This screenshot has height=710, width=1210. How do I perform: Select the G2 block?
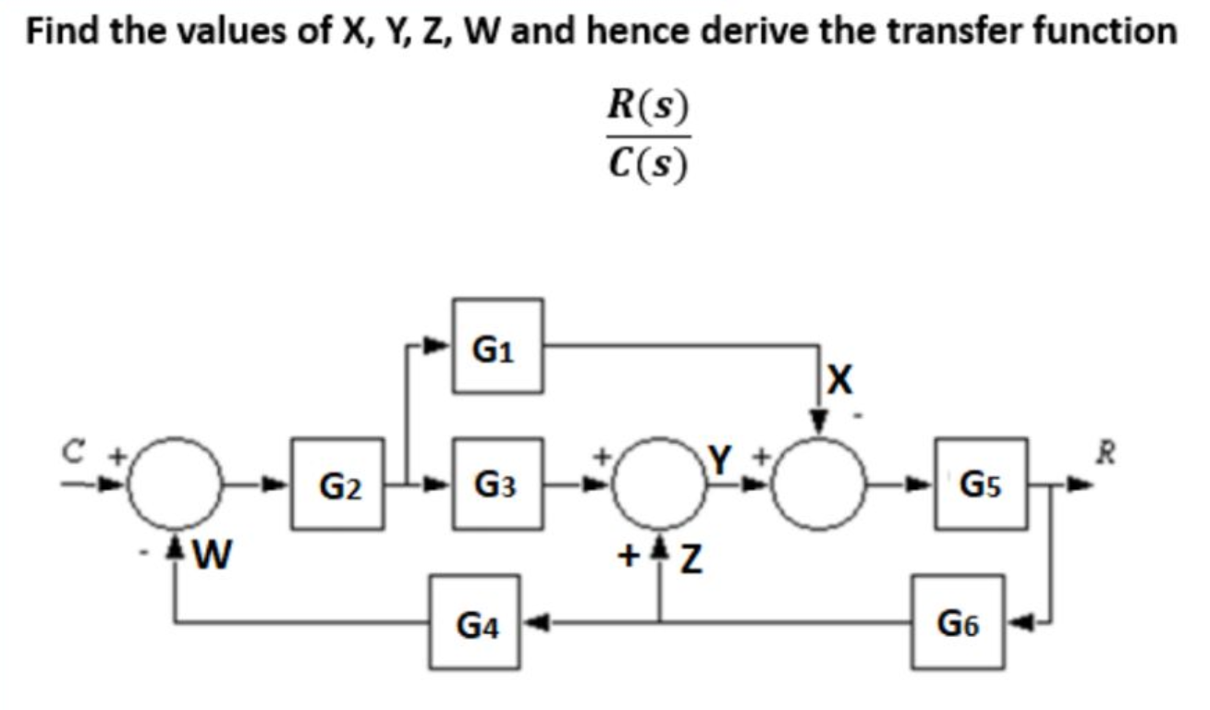(x=338, y=484)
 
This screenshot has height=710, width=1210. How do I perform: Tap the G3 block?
(x=496, y=484)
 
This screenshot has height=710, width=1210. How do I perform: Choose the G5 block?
(x=981, y=484)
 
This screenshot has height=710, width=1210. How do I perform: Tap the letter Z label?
(x=685, y=559)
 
